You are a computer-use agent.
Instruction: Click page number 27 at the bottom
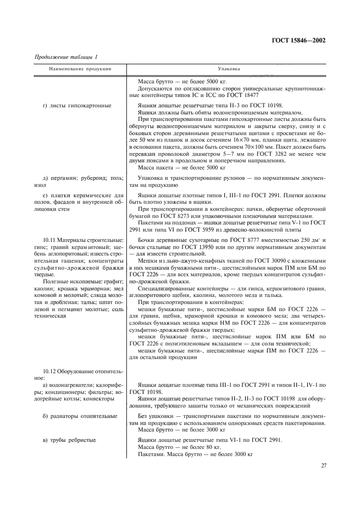pyautogui.click(x=324, y=465)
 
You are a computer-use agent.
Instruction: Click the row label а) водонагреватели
pyautogui.click(x=75, y=385)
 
